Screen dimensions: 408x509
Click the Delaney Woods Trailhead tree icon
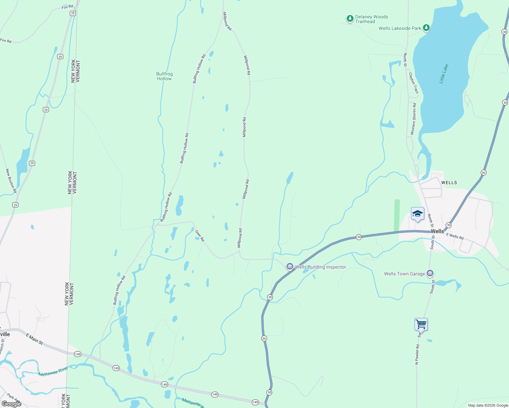click(350, 19)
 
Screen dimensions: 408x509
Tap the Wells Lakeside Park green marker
click(426, 28)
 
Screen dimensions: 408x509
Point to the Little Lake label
click(444, 74)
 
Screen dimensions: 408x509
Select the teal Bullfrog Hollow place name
click(164, 76)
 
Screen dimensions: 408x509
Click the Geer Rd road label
click(200, 236)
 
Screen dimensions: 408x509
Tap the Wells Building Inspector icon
click(290, 267)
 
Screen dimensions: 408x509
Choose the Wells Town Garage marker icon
click(430, 273)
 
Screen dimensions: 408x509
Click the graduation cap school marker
click(417, 214)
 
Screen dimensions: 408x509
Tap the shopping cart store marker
click(421, 324)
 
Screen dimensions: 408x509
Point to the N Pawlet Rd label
click(417, 354)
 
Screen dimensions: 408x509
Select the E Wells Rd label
click(455, 236)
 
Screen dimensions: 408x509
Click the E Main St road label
click(35, 339)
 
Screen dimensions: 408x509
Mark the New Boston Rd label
click(11, 181)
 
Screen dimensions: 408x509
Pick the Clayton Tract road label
click(413, 83)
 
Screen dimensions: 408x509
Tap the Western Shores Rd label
click(413, 119)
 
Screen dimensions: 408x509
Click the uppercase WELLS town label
click(449, 183)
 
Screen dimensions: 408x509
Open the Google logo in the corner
click(12, 404)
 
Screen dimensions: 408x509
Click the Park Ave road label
click(14, 398)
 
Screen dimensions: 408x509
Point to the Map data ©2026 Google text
click(488, 405)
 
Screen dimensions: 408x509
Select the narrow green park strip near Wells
click(397, 216)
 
